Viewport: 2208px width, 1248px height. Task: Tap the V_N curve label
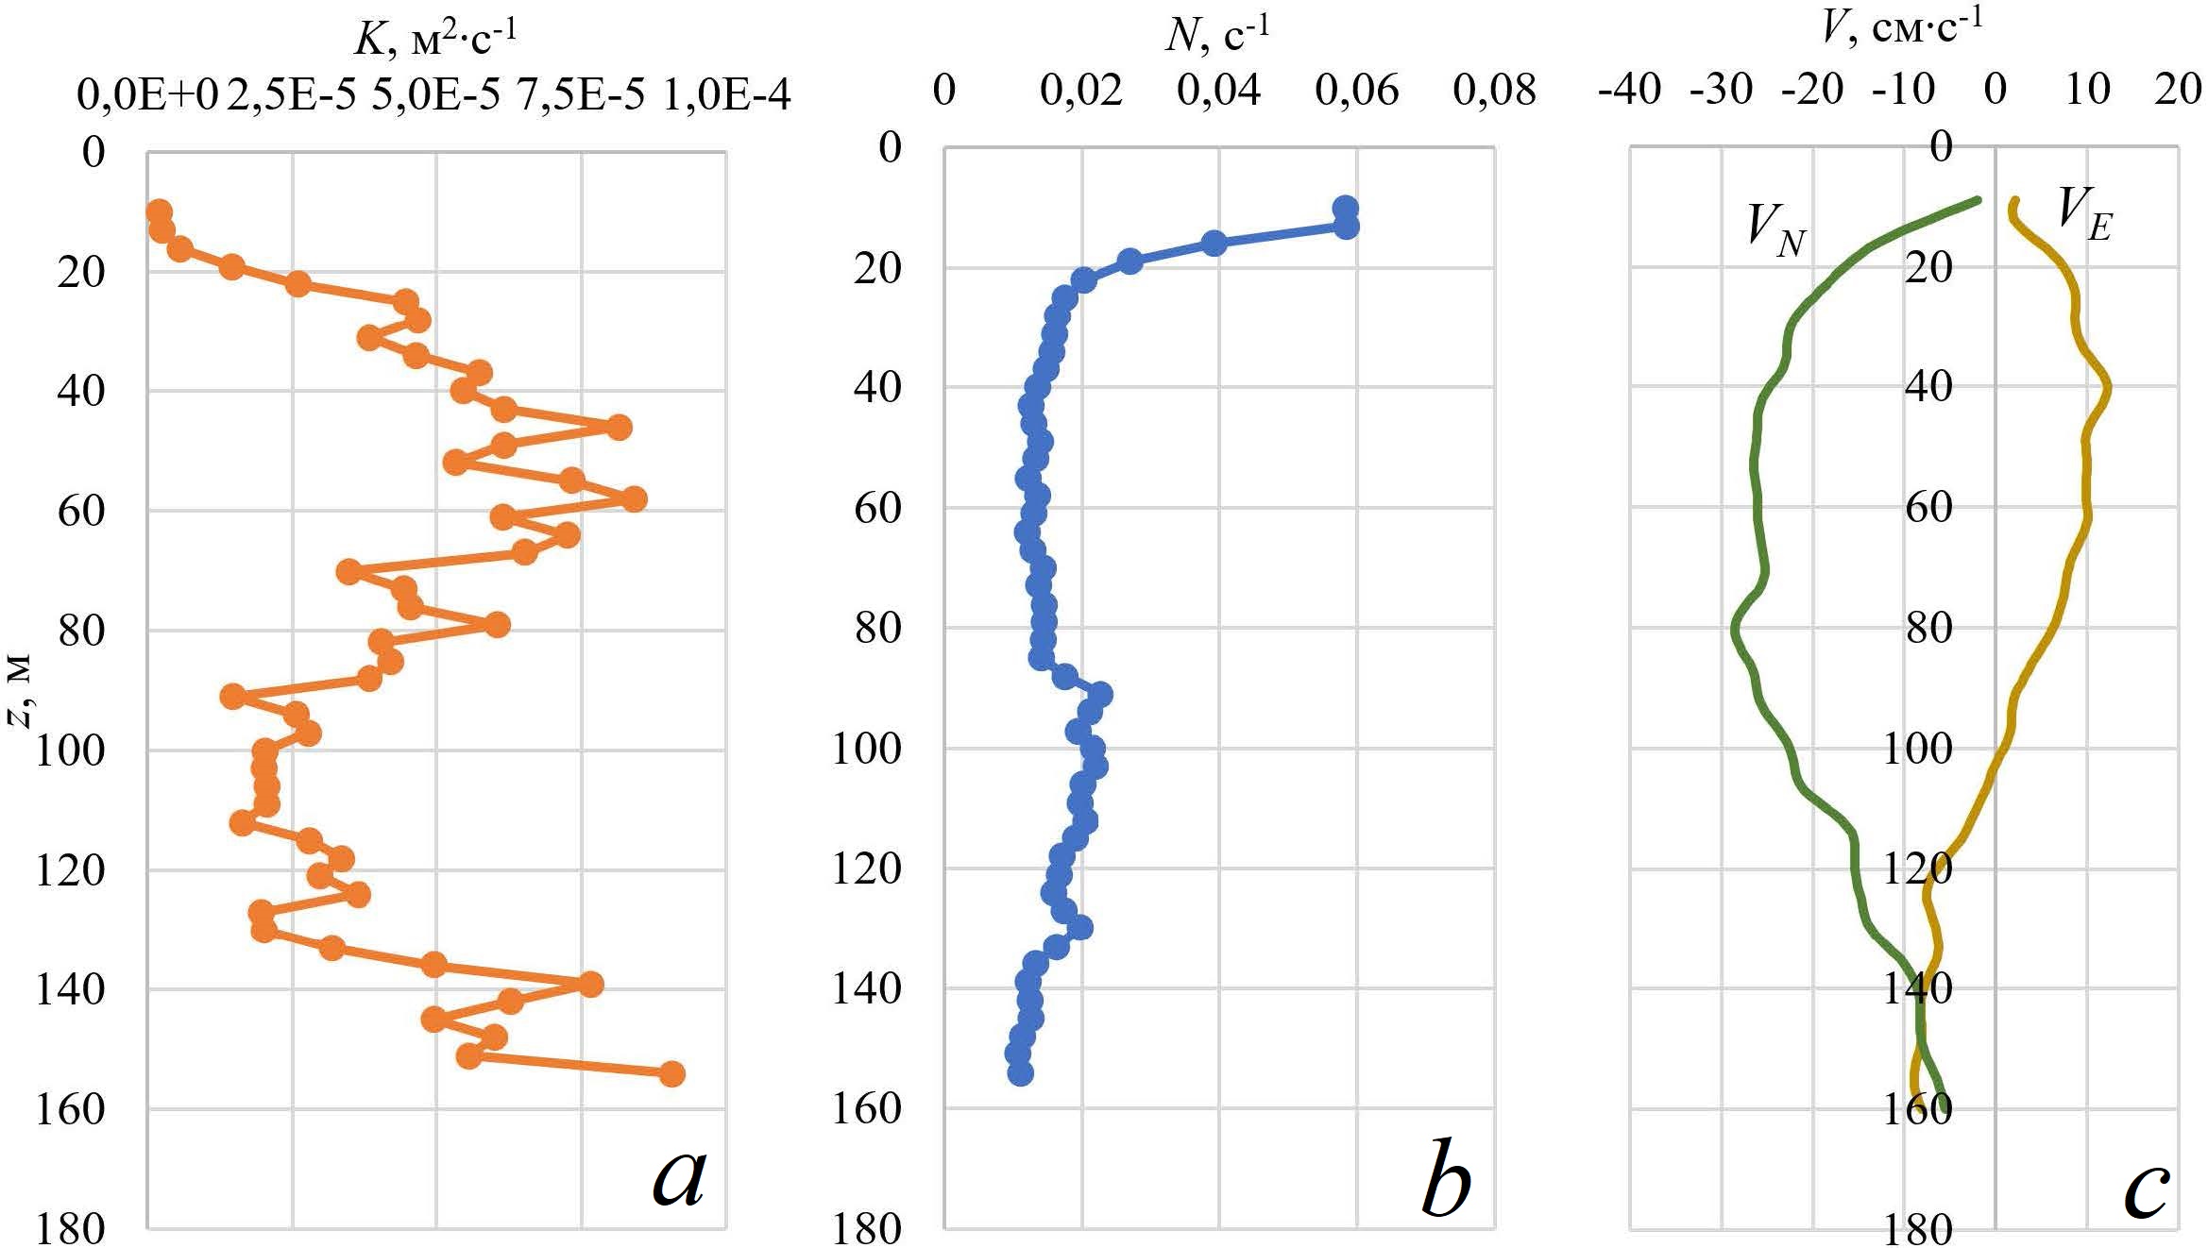[1775, 232]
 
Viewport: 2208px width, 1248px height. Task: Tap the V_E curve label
[2084, 215]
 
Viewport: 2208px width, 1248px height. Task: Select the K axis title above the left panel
[435, 38]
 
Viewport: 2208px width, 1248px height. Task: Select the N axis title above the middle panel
[1217, 36]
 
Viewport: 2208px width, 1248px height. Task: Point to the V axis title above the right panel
[1901, 28]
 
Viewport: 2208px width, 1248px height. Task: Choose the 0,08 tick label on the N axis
[1494, 91]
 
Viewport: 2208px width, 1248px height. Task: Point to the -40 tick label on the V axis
[1629, 91]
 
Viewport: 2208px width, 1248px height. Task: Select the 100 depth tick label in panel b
[866, 750]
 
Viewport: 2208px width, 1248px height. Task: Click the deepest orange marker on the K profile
[671, 1074]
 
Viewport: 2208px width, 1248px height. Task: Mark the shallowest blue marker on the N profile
[1345, 209]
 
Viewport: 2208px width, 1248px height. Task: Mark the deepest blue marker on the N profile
[1020, 1074]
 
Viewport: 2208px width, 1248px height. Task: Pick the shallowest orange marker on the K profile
[159, 211]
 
